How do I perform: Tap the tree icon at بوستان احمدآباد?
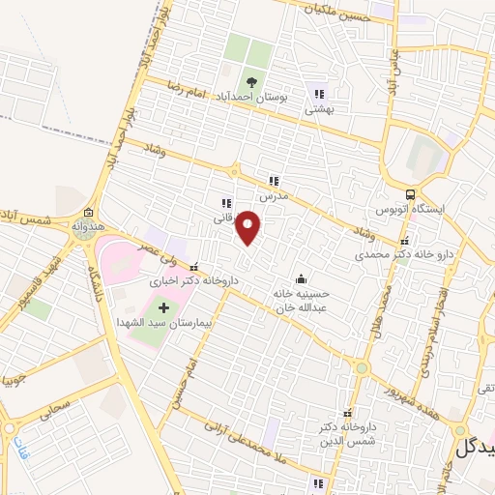(x=252, y=82)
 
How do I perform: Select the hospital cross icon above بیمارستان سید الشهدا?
(x=162, y=307)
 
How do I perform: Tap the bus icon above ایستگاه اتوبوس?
(x=412, y=194)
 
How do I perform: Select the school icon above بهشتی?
(x=319, y=94)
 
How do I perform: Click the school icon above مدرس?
(x=274, y=180)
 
